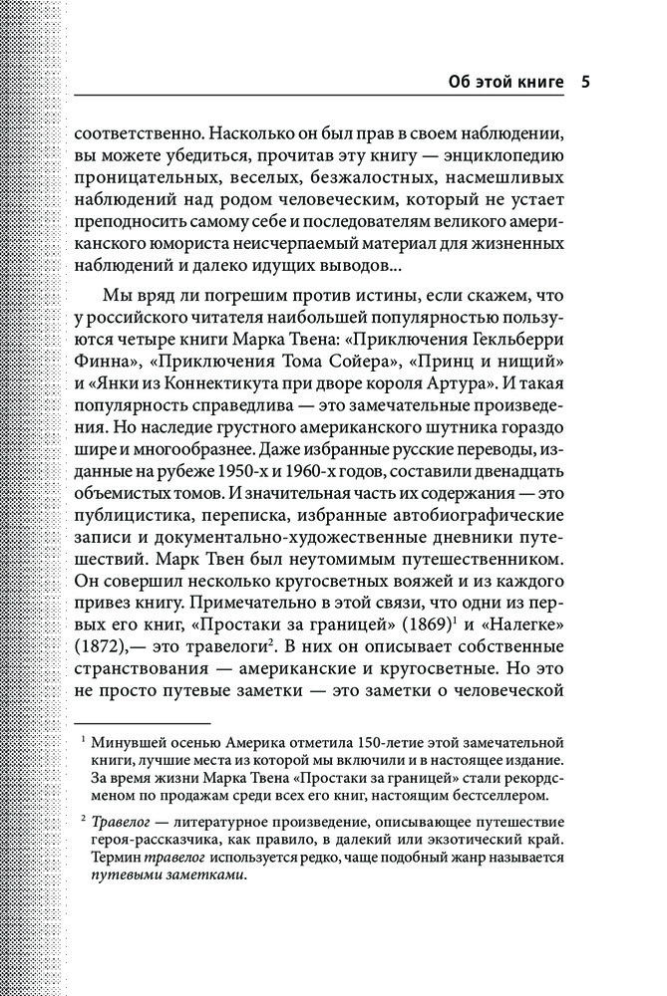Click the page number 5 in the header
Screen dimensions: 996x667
pyautogui.click(x=585, y=82)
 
